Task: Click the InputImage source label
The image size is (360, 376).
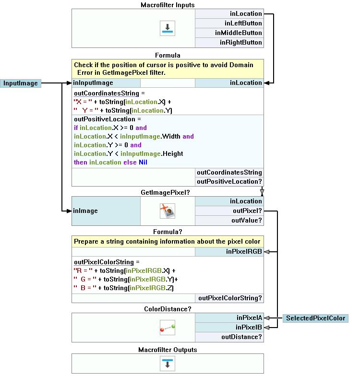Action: [x=20, y=83]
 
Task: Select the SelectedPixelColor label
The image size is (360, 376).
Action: [x=315, y=318]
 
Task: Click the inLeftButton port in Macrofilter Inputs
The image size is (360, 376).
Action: [x=229, y=23]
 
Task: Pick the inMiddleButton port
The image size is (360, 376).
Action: [x=229, y=33]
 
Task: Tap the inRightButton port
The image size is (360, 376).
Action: [x=229, y=43]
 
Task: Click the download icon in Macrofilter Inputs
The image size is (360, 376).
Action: [x=168, y=28]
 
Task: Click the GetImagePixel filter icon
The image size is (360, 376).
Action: [x=168, y=211]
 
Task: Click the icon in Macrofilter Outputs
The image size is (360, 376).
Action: [x=168, y=363]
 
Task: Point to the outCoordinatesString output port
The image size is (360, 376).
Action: [x=229, y=173]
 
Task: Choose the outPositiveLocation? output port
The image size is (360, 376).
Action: [x=229, y=182]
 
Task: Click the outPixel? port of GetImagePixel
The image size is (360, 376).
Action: [x=229, y=211]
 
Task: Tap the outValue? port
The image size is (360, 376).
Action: [x=229, y=221]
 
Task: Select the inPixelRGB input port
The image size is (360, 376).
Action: [x=229, y=251]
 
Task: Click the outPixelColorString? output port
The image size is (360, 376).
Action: [x=229, y=298]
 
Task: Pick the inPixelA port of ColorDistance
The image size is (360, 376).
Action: [x=229, y=318]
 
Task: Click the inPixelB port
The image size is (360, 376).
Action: [x=229, y=328]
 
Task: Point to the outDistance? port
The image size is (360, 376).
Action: [x=229, y=337]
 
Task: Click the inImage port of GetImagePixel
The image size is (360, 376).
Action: [x=106, y=211]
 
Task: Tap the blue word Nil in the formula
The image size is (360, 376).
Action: [x=143, y=163]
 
